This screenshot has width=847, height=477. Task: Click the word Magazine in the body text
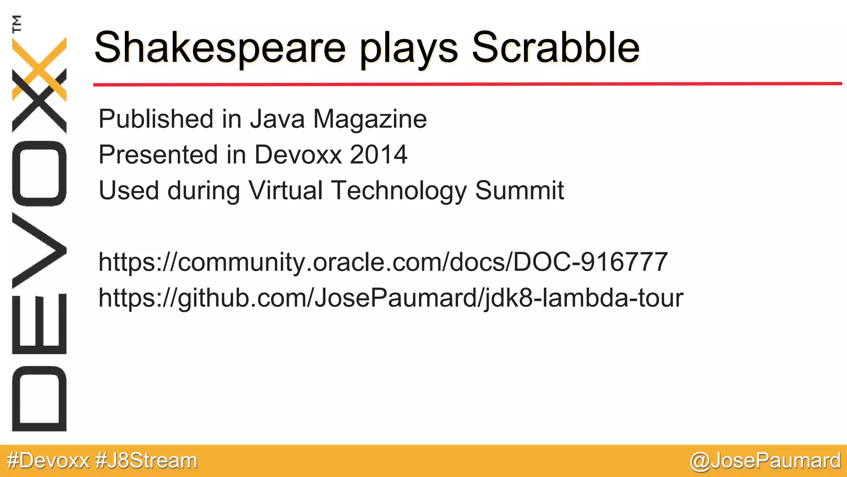(370, 120)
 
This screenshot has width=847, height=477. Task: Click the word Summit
(519, 190)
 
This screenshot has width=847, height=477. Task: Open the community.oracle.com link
(383, 262)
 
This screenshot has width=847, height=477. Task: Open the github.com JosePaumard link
(391, 298)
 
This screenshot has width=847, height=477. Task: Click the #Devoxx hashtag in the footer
(48, 461)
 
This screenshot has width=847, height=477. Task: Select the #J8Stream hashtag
(146, 461)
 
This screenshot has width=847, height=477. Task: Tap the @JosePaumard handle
(765, 461)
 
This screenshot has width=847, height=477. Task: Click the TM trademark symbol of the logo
(17, 24)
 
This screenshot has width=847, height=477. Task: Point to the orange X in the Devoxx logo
(39, 68)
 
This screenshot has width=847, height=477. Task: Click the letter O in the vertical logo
(39, 173)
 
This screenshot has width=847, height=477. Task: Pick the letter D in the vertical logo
(39, 399)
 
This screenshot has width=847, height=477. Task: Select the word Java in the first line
(278, 120)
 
